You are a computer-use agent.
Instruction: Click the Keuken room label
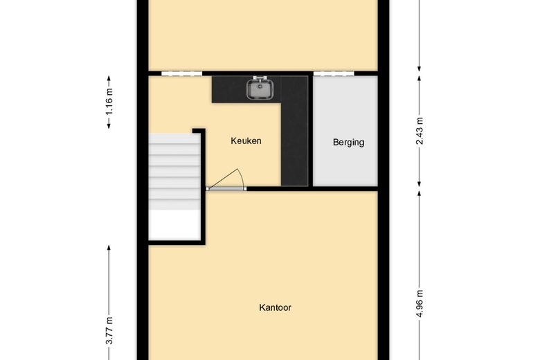pos(246,141)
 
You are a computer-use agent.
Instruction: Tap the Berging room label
pos(348,143)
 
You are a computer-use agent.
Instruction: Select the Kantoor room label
pos(275,307)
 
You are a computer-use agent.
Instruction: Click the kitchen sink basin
pos(260,89)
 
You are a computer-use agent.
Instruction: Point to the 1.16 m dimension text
pos(109,102)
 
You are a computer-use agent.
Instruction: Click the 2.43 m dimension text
pos(420,131)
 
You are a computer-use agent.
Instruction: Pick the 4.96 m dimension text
pos(420,303)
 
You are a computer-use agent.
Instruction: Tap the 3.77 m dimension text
pos(109,331)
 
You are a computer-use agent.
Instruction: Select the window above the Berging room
pos(334,73)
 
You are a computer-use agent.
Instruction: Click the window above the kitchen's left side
pos(181,73)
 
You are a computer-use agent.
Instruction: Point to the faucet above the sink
pos(260,78)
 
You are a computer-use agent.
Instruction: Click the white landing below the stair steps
pos(174,224)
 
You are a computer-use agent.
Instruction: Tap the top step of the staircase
pos(174,138)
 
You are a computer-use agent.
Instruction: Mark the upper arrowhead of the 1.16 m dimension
pos(109,78)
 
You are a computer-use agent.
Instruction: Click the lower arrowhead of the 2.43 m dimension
pos(419,184)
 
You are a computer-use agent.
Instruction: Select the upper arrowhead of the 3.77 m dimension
pos(109,248)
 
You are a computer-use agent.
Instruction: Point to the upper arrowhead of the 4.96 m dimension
pos(419,194)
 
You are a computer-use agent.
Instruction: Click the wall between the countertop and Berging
pos(310,131)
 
